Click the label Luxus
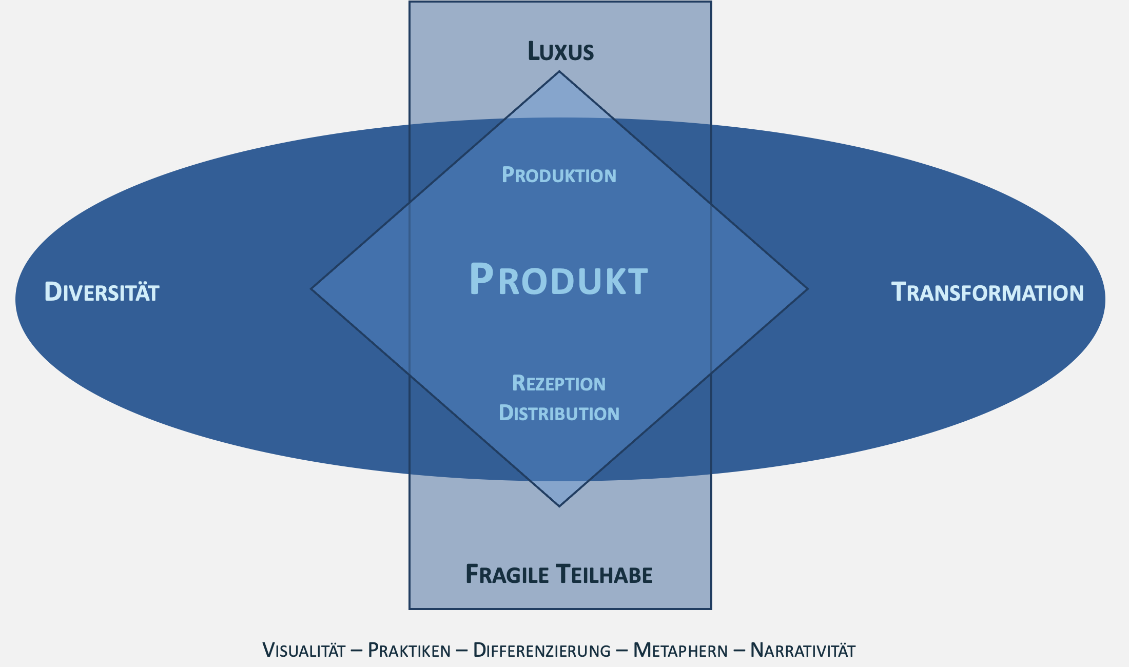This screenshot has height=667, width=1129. [x=560, y=52]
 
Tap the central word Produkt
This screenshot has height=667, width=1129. [x=559, y=280]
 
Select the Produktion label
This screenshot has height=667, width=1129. [x=559, y=175]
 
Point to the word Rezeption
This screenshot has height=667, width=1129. [x=559, y=384]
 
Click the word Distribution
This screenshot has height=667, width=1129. [x=559, y=414]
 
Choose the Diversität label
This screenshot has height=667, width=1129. [x=102, y=292]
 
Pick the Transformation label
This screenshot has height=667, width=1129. [x=987, y=292]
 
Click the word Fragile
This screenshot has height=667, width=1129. [x=507, y=575]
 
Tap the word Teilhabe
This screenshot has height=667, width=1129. [x=604, y=575]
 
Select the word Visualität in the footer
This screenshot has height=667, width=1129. [x=304, y=651]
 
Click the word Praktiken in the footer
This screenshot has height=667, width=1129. [x=409, y=651]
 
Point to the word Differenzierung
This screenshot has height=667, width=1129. [x=541, y=651]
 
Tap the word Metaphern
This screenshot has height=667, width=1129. [x=680, y=651]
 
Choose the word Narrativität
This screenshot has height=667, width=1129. [x=803, y=651]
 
